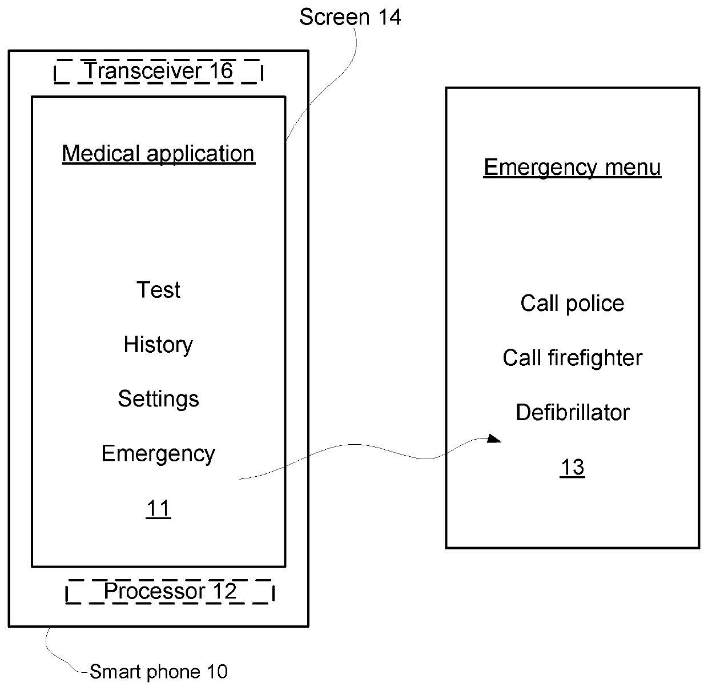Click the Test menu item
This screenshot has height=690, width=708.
click(x=158, y=290)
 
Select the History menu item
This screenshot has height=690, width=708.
click(x=158, y=345)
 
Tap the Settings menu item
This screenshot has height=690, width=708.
click(x=158, y=398)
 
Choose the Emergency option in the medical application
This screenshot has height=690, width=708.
click(x=158, y=453)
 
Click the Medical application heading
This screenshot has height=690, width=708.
click(x=158, y=153)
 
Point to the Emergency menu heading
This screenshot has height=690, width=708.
click(x=572, y=167)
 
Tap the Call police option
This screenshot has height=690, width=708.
click(x=572, y=303)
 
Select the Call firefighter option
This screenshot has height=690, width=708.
click(x=572, y=358)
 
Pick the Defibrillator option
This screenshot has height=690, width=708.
click(x=572, y=412)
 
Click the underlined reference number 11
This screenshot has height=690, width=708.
click(x=158, y=508)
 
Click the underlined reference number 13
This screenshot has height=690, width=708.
click(x=572, y=467)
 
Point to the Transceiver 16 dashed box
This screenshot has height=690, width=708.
click(x=158, y=71)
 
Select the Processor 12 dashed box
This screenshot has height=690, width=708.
click(x=170, y=591)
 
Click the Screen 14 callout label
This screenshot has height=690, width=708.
click(x=350, y=17)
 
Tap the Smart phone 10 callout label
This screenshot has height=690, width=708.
click(x=158, y=671)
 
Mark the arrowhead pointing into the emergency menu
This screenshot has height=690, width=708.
click(x=494, y=439)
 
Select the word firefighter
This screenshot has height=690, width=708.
click(x=595, y=358)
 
